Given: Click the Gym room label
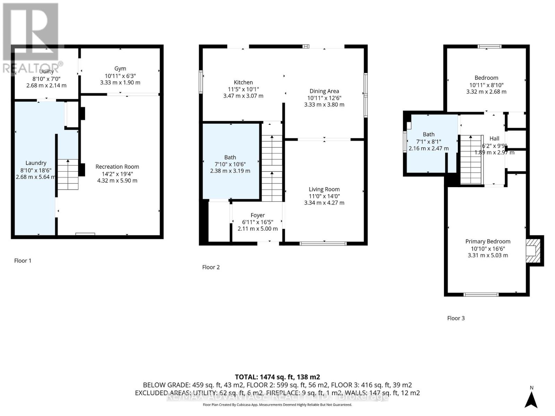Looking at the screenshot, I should click(120, 69).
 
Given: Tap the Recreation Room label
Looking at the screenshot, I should click(117, 167).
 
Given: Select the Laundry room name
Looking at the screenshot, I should click(36, 163).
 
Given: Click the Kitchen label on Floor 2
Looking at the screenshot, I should click(243, 83).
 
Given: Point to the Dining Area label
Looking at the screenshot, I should click(324, 91).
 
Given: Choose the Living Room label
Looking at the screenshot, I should click(324, 189).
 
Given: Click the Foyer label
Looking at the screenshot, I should click(257, 215).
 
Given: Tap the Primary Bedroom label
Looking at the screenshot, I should click(488, 242).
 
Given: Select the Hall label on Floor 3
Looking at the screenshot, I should click(494, 138).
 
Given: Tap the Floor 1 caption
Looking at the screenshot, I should click(23, 261).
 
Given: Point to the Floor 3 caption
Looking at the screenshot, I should click(455, 318).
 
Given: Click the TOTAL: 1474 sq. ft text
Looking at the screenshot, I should click(277, 377).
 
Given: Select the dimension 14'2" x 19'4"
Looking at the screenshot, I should click(117, 174).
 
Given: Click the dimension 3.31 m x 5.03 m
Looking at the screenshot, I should click(488, 255).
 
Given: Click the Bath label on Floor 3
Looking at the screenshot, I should click(428, 135).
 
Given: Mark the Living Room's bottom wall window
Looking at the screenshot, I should click(323, 243).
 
